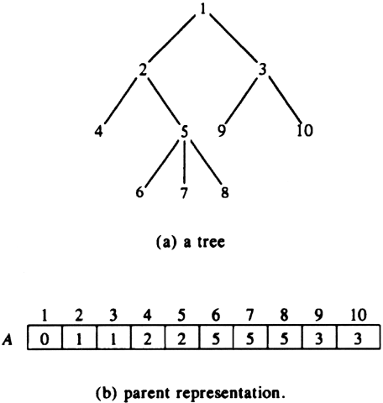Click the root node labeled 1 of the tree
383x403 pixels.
pyautogui.click(x=203, y=9)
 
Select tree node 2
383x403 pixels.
pyautogui.click(x=143, y=70)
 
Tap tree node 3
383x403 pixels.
pyautogui.click(x=262, y=70)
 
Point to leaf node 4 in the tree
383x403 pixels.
pyautogui.click(x=98, y=131)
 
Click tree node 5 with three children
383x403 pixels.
pyautogui.click(x=184, y=131)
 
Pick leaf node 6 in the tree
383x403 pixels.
pyautogui.click(x=139, y=192)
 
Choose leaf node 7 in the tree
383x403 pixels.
pyautogui.click(x=184, y=192)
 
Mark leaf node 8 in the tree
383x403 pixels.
pyautogui.click(x=225, y=192)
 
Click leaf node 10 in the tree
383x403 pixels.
pyautogui.click(x=305, y=131)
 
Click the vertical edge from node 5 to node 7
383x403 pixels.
pyautogui.click(x=184, y=162)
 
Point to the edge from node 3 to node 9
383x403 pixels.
pyautogui.click(x=241, y=100)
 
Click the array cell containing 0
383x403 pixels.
pyautogui.click(x=45, y=337)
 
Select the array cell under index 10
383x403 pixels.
pyautogui.click(x=359, y=337)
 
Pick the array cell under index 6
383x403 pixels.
pyautogui.click(x=216, y=337)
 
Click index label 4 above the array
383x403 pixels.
pyautogui.click(x=147, y=316)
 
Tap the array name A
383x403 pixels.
pyautogui.click(x=8, y=339)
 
